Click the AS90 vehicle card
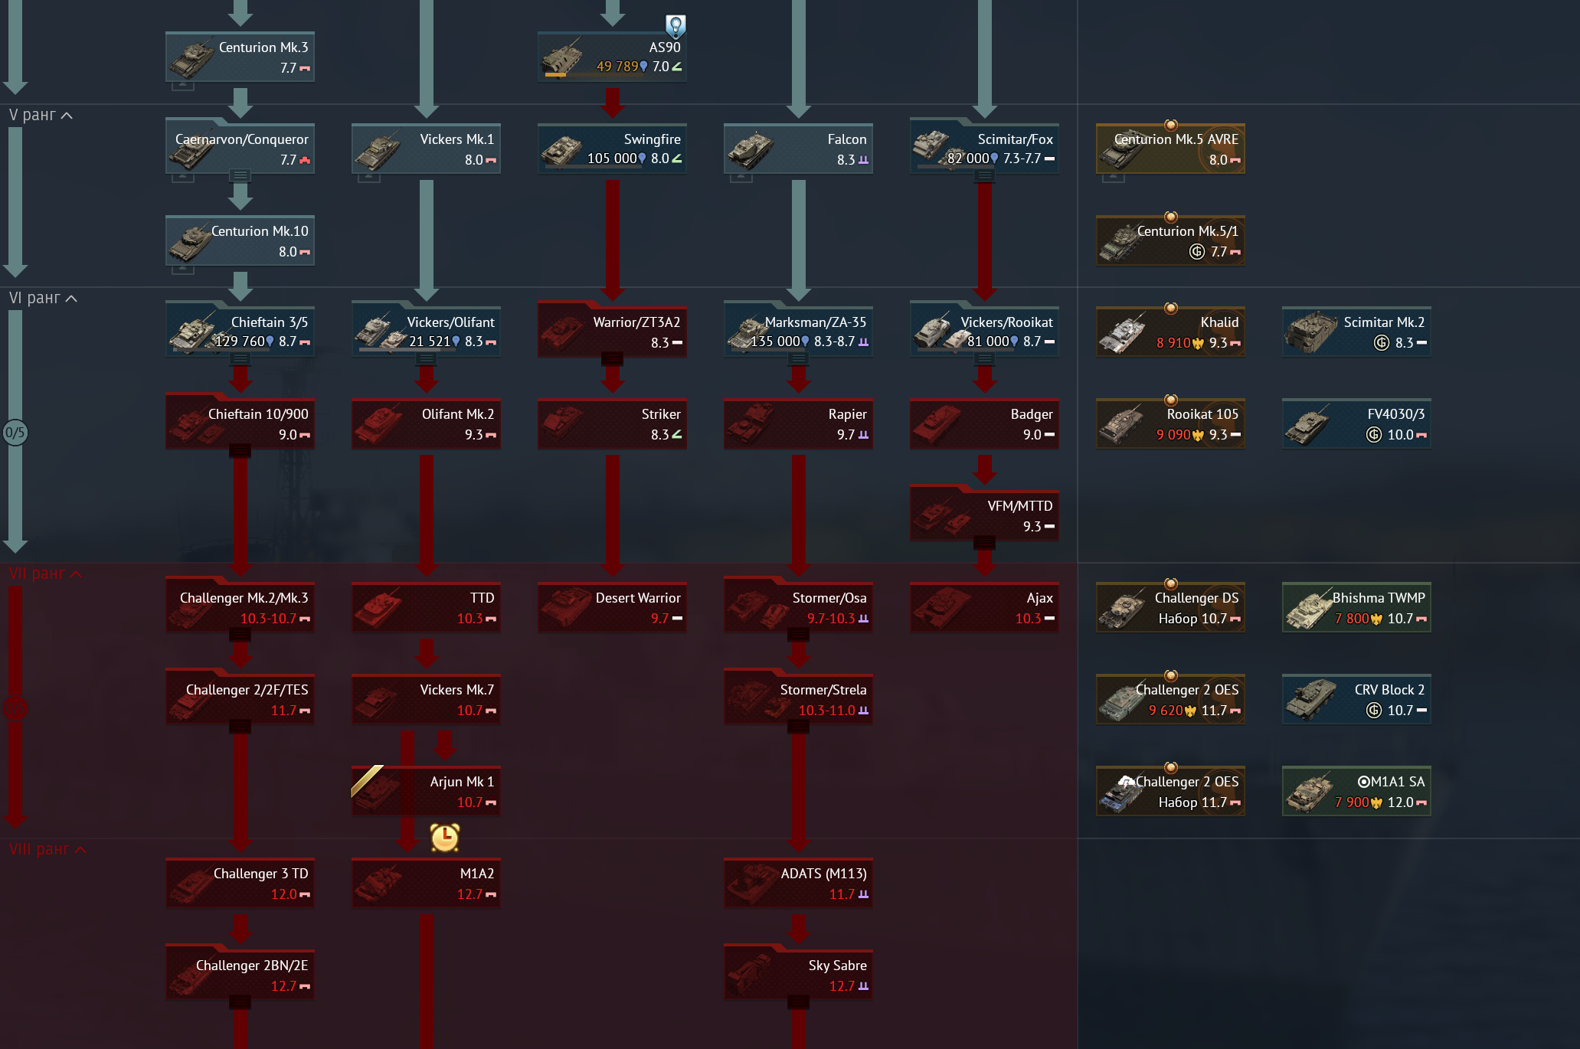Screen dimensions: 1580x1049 [x=612, y=57]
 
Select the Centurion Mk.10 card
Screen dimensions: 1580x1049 [x=240, y=240]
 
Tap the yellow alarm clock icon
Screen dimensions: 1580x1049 [x=444, y=838]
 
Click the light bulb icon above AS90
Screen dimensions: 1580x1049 [x=675, y=26]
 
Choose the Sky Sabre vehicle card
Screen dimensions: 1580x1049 [x=798, y=975]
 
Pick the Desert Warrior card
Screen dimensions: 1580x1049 [x=612, y=607]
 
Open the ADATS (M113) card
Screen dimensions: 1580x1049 [x=798, y=883]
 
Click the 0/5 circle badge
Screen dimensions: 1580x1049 [x=15, y=433]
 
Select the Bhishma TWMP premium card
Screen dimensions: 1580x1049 [x=1356, y=607]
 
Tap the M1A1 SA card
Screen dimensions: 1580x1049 [x=1356, y=791]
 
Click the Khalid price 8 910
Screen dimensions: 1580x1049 [x=1173, y=343]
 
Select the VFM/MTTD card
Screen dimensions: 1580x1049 [x=984, y=515]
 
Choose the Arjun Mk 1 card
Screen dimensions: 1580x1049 [x=426, y=791]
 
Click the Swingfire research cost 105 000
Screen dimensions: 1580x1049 [x=612, y=158]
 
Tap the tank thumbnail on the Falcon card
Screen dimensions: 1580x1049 [x=751, y=149]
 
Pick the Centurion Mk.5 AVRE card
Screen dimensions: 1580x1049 [x=1170, y=149]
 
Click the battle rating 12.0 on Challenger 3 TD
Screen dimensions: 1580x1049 [x=283, y=894]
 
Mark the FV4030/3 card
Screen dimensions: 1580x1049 [x=1356, y=423]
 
